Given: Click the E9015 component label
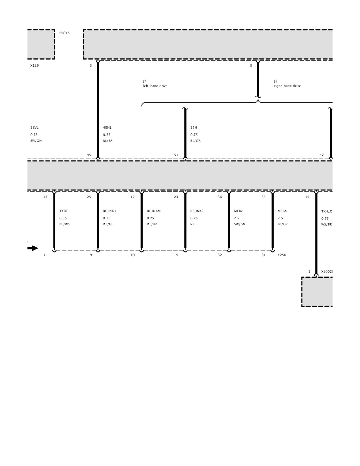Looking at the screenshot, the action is coord(64,33).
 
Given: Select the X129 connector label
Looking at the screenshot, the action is coord(35,66).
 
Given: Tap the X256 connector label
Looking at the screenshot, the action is coord(282,255).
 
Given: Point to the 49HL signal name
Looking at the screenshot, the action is coord(107,127).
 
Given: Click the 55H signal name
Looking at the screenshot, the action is coord(194,127).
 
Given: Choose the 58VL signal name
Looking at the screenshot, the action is coord(35,127).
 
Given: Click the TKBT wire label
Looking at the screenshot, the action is coord(64,211).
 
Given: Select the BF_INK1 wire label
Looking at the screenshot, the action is coord(109,211).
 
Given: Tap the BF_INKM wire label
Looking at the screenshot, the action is coord(154,211).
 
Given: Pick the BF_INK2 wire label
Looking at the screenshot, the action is coord(197,211).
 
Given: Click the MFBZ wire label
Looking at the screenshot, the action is coord(238,211).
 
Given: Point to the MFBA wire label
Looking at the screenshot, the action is coord(282,211).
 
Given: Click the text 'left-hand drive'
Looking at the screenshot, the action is coord(155,86).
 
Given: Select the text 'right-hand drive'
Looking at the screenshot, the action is coord(287,86).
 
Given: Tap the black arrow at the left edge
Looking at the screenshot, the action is coord(33,248).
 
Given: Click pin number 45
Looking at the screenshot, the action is coord(89,155).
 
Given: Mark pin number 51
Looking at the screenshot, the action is coord(176,155).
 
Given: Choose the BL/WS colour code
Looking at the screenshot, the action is coord(64,224).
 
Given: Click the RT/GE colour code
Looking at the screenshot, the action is coord(108,224).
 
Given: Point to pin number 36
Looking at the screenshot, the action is coord(220,197).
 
